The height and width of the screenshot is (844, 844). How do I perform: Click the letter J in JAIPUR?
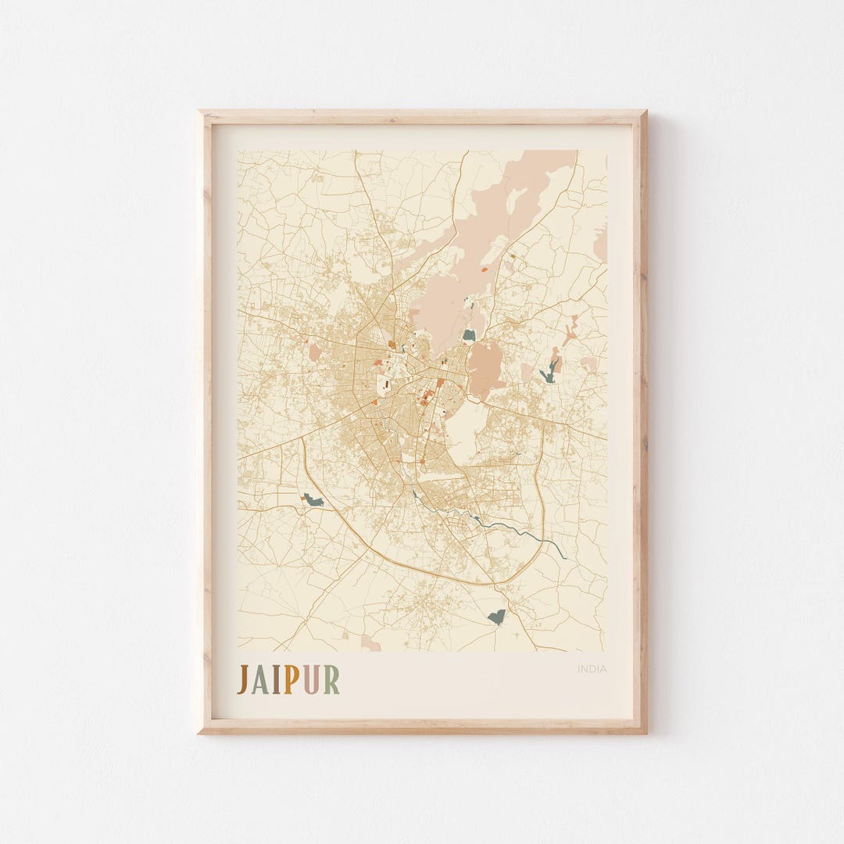[242, 679]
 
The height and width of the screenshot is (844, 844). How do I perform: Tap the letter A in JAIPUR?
[259, 679]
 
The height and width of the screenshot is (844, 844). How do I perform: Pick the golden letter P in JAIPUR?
[290, 679]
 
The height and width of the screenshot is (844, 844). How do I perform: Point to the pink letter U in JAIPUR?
[309, 679]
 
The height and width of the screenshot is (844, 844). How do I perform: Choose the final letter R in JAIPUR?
[331, 679]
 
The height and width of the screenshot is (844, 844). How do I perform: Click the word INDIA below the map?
[592, 669]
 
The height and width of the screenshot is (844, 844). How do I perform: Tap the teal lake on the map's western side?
[313, 500]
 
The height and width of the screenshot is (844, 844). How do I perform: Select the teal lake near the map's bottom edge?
[496, 617]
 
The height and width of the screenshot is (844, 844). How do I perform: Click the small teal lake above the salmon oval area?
[469, 335]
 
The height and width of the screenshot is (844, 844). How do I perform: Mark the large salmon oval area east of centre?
[485, 367]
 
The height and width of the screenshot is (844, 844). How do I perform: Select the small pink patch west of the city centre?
[314, 352]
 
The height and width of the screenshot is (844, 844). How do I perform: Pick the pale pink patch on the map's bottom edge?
[369, 645]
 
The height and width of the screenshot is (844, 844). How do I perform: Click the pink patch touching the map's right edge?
[600, 242]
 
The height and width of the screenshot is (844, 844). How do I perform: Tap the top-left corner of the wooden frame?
[200, 113]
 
